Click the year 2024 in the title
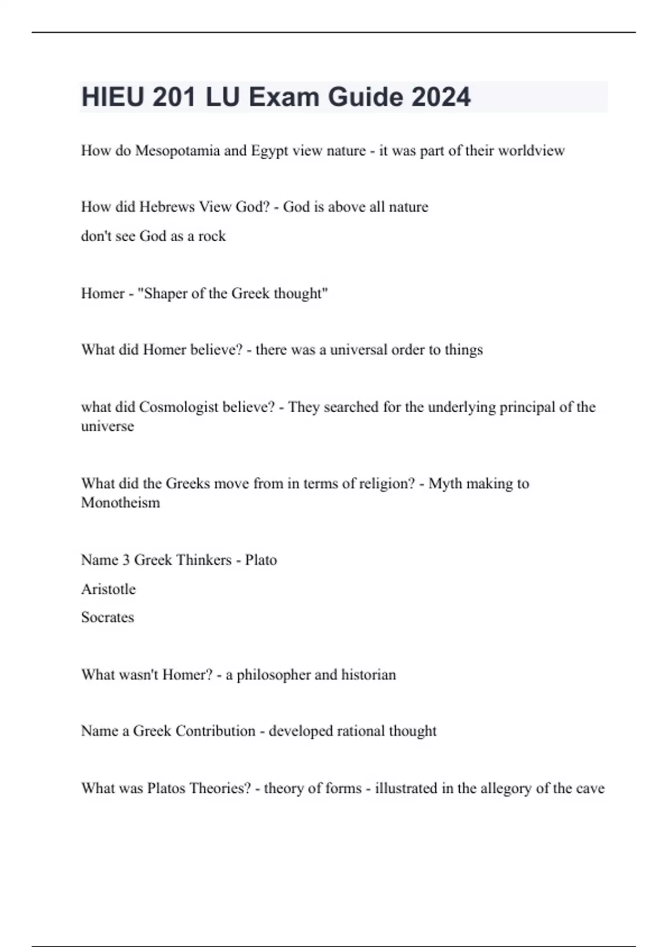click(441, 97)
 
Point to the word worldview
click(531, 150)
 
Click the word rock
click(212, 236)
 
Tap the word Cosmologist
click(179, 407)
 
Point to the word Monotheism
click(120, 502)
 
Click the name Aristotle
click(108, 589)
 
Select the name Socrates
click(107, 617)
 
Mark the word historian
click(369, 675)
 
